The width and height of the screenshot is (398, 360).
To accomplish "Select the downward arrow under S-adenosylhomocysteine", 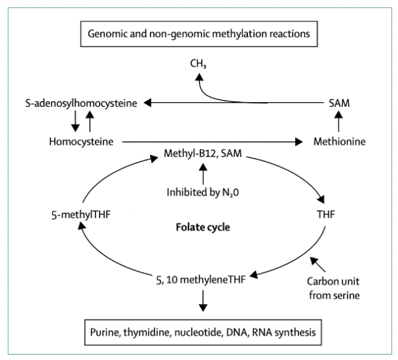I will point(74,121).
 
